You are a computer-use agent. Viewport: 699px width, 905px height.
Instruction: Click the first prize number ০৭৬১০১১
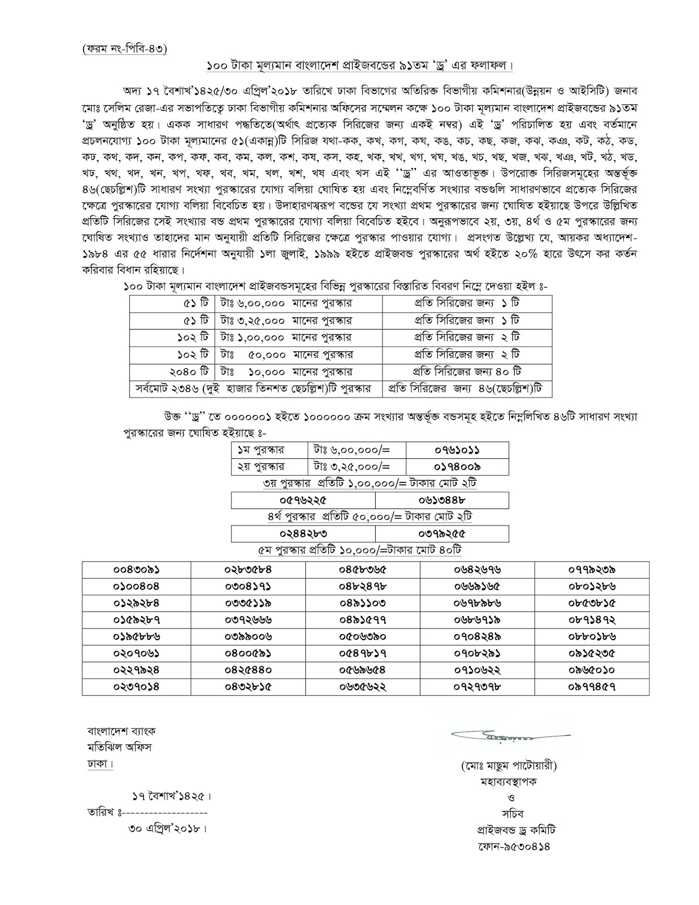click(x=457, y=450)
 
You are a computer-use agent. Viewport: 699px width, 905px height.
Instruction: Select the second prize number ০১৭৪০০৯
click(x=457, y=467)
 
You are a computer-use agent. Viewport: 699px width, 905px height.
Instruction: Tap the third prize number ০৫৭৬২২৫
click(x=303, y=500)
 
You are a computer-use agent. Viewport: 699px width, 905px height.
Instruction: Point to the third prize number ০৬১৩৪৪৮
click(x=442, y=500)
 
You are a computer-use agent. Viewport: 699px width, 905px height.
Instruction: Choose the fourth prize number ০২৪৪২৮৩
click(x=303, y=533)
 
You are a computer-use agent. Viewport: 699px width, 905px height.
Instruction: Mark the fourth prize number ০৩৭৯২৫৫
click(x=442, y=533)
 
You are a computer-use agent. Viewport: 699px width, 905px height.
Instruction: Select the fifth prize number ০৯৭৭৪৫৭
click(x=592, y=687)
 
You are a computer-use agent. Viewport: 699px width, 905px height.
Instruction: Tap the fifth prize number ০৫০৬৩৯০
click(x=362, y=636)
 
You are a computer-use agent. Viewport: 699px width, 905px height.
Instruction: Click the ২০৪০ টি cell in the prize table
click(x=189, y=372)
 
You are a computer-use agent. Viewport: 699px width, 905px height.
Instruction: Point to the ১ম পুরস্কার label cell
click(x=261, y=450)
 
